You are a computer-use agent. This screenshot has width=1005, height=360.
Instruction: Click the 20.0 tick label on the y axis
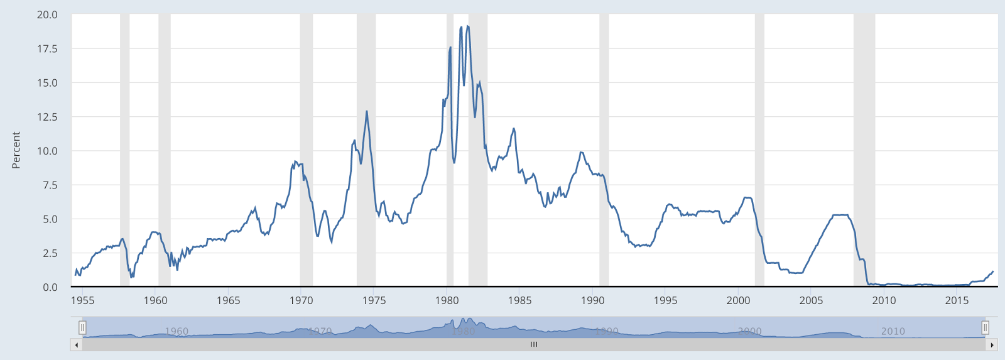47,14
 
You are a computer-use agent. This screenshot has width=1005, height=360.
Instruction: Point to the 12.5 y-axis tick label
47,117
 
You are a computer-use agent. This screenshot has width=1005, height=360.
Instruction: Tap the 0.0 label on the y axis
50,287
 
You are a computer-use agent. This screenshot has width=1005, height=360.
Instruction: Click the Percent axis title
16,150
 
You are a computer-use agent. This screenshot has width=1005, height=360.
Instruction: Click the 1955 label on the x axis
82,300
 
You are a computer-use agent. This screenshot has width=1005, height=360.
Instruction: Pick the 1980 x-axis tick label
447,300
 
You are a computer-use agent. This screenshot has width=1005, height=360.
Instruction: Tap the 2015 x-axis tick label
957,300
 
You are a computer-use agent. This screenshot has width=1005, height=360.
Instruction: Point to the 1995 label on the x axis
665,300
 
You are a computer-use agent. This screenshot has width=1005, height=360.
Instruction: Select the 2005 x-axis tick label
811,300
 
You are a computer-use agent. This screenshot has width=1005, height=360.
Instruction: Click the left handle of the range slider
82,327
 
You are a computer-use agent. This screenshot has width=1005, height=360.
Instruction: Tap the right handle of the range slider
985,327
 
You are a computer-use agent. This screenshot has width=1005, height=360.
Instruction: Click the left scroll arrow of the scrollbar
77,345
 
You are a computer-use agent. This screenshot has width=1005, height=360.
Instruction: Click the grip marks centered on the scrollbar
534,345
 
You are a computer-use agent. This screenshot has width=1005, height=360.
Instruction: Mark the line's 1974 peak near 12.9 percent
367,111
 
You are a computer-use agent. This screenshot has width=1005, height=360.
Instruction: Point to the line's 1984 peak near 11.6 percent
514,128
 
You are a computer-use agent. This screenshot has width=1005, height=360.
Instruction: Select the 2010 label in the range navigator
893,331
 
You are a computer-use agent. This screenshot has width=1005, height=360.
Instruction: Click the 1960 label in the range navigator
177,331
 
